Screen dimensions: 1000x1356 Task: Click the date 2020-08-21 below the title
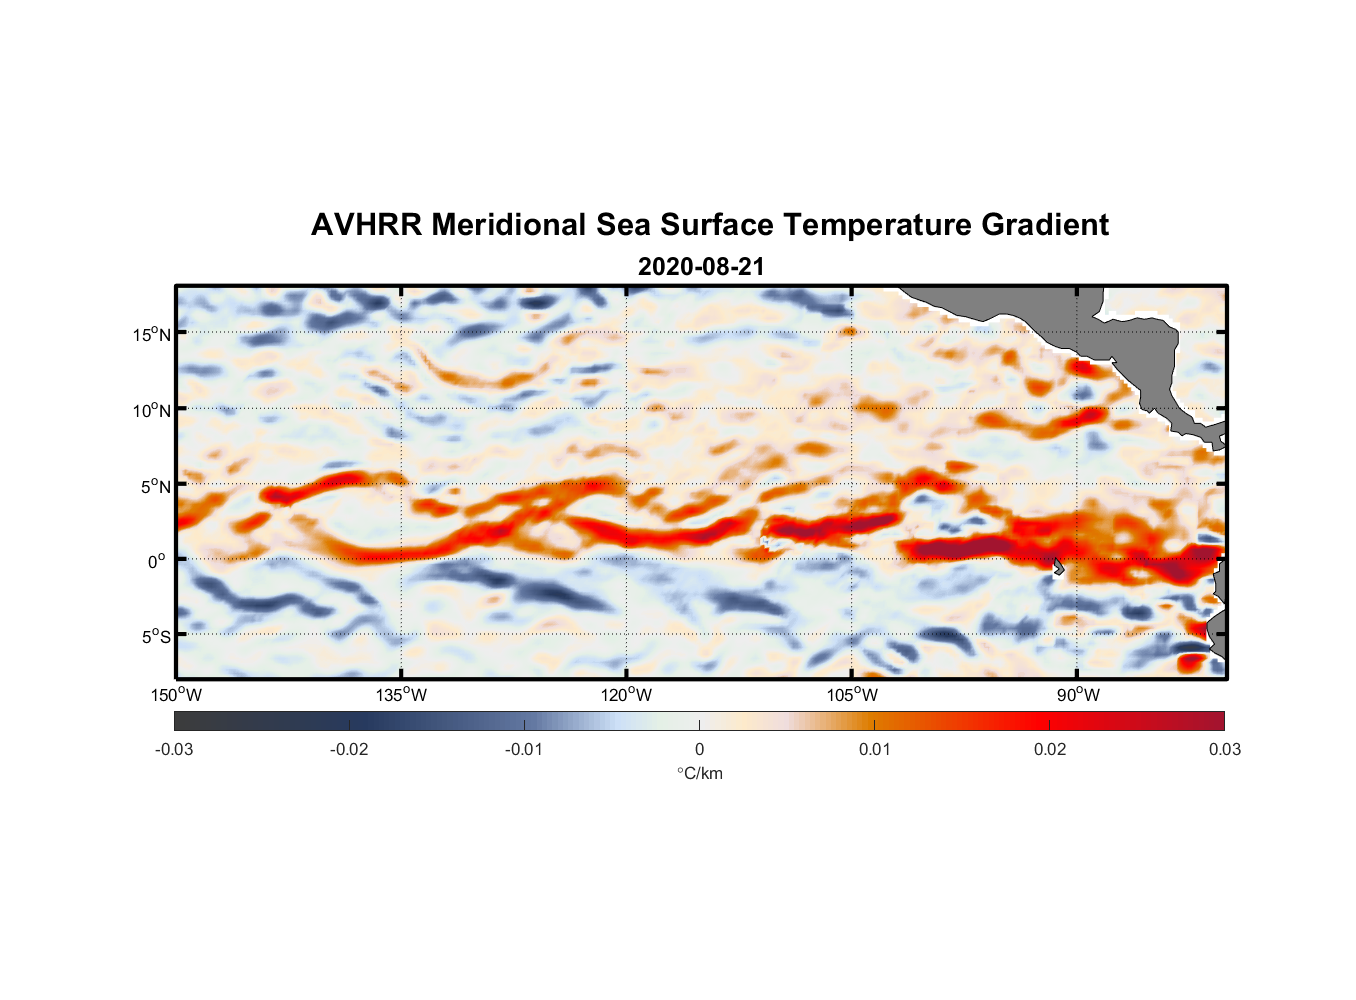[x=701, y=267]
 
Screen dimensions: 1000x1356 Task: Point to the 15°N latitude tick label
[x=152, y=334]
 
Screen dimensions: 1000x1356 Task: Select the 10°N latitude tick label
[x=152, y=410]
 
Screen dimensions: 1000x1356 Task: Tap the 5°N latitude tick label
[x=156, y=486]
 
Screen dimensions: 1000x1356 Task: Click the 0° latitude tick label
[x=157, y=561]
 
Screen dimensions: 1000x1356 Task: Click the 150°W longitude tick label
[x=176, y=695]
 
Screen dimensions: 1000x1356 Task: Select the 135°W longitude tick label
[x=401, y=695]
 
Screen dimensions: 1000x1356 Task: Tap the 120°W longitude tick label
[x=627, y=695]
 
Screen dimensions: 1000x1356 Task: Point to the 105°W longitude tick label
[x=852, y=695]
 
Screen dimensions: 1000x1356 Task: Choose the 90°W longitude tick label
[x=1077, y=695]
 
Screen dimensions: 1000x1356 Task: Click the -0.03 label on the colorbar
[x=174, y=749]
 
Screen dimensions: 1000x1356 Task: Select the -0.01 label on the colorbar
[x=524, y=749]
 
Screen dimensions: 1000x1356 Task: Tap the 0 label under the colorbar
[x=699, y=749]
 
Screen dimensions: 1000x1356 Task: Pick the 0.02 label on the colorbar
[x=1050, y=749]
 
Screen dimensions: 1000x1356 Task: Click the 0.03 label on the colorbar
[x=1224, y=749]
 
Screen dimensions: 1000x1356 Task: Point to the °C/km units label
[x=700, y=773]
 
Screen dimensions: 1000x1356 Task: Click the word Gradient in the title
[x=1045, y=225]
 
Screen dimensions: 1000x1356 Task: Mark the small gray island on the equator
[x=1059, y=567]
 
